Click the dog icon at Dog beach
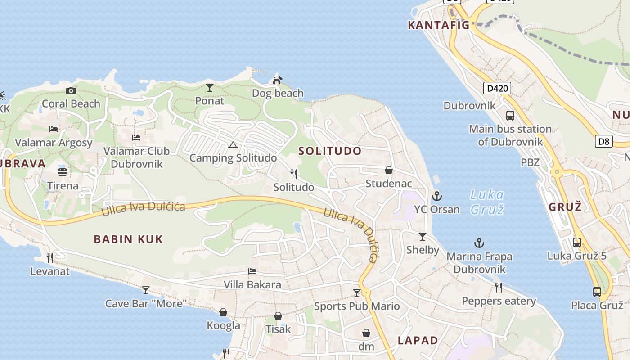pyautogui.click(x=277, y=80)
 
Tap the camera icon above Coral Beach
pyautogui.click(x=71, y=90)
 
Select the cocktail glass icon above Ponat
pyautogui.click(x=210, y=87)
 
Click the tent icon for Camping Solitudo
pyautogui.click(x=233, y=145)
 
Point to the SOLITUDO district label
pyautogui.click(x=330, y=151)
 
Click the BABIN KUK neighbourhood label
pyautogui.click(x=128, y=239)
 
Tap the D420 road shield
pyautogui.click(x=498, y=88)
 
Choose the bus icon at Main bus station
pyautogui.click(x=510, y=116)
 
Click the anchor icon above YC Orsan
pyautogui.click(x=436, y=196)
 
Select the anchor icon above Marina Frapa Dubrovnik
pyautogui.click(x=479, y=243)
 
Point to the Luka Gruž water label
pyautogui.click(x=487, y=202)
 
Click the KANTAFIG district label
pyautogui.click(x=438, y=25)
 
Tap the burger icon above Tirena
pyautogui.click(x=63, y=172)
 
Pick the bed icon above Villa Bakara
pyautogui.click(x=252, y=271)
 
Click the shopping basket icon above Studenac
pyautogui.click(x=389, y=170)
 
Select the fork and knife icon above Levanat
pyautogui.click(x=50, y=257)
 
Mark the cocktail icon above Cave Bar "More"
pyautogui.click(x=145, y=290)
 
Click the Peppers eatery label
pyautogui.click(x=499, y=301)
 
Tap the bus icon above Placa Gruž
pyautogui.click(x=597, y=292)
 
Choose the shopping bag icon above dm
pyautogui.click(x=366, y=333)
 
